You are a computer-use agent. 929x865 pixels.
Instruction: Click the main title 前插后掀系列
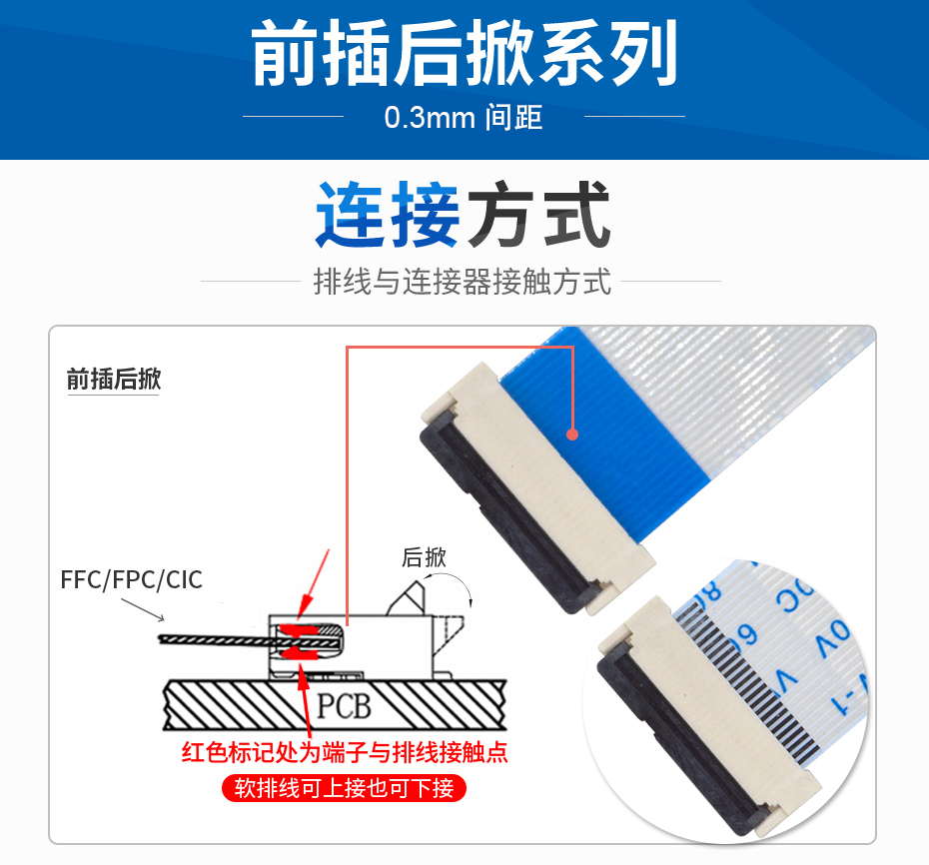(464, 55)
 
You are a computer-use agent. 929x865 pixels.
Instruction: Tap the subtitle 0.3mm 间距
(464, 117)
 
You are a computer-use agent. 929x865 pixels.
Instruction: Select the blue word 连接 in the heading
(388, 215)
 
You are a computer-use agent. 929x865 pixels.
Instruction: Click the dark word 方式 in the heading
(539, 215)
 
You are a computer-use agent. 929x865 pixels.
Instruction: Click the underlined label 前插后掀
(113, 380)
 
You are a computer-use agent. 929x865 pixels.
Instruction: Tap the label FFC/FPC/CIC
(131, 579)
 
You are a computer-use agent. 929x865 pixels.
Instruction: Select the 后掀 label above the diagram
(424, 557)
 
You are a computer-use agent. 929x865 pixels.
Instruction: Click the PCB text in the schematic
(344, 707)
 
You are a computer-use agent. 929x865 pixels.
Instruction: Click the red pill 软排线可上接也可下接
(344, 788)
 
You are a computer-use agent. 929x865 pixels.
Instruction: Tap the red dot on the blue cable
(572, 433)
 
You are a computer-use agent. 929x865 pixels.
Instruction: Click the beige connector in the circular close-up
(699, 719)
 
